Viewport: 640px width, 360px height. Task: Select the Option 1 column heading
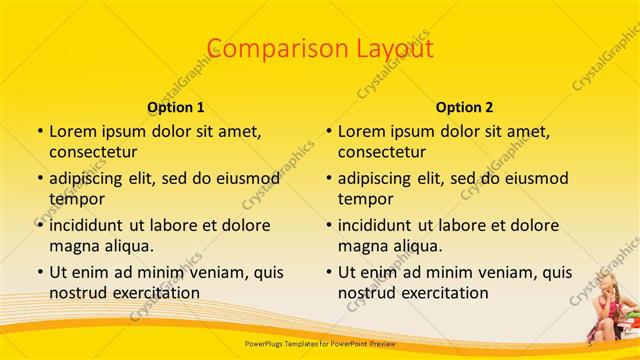(176, 107)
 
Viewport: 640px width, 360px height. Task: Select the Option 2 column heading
(465, 107)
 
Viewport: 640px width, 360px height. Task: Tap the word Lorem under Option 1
(72, 131)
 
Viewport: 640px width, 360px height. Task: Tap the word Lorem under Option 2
(361, 131)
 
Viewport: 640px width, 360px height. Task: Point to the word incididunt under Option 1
(93, 225)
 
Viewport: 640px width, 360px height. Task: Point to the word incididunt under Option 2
(382, 225)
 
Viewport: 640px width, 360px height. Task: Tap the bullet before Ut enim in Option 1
(39, 272)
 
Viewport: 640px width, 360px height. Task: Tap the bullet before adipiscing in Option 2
(328, 179)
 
